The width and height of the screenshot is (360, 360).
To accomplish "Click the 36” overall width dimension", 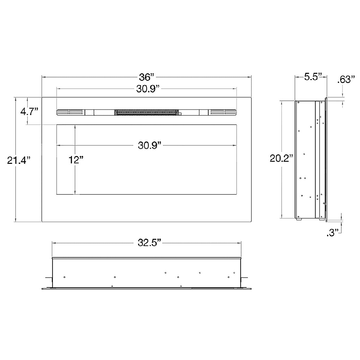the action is tap(147, 77).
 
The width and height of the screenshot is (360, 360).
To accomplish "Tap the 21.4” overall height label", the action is tap(19, 160).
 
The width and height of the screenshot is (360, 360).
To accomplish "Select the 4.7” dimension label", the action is tap(29, 112).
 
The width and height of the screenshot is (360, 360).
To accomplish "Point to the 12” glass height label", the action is tap(76, 160).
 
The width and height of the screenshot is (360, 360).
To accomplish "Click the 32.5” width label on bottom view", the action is tap(149, 243).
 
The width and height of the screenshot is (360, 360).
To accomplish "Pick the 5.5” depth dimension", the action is tap(313, 76).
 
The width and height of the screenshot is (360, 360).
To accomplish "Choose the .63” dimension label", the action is tap(346, 79).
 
